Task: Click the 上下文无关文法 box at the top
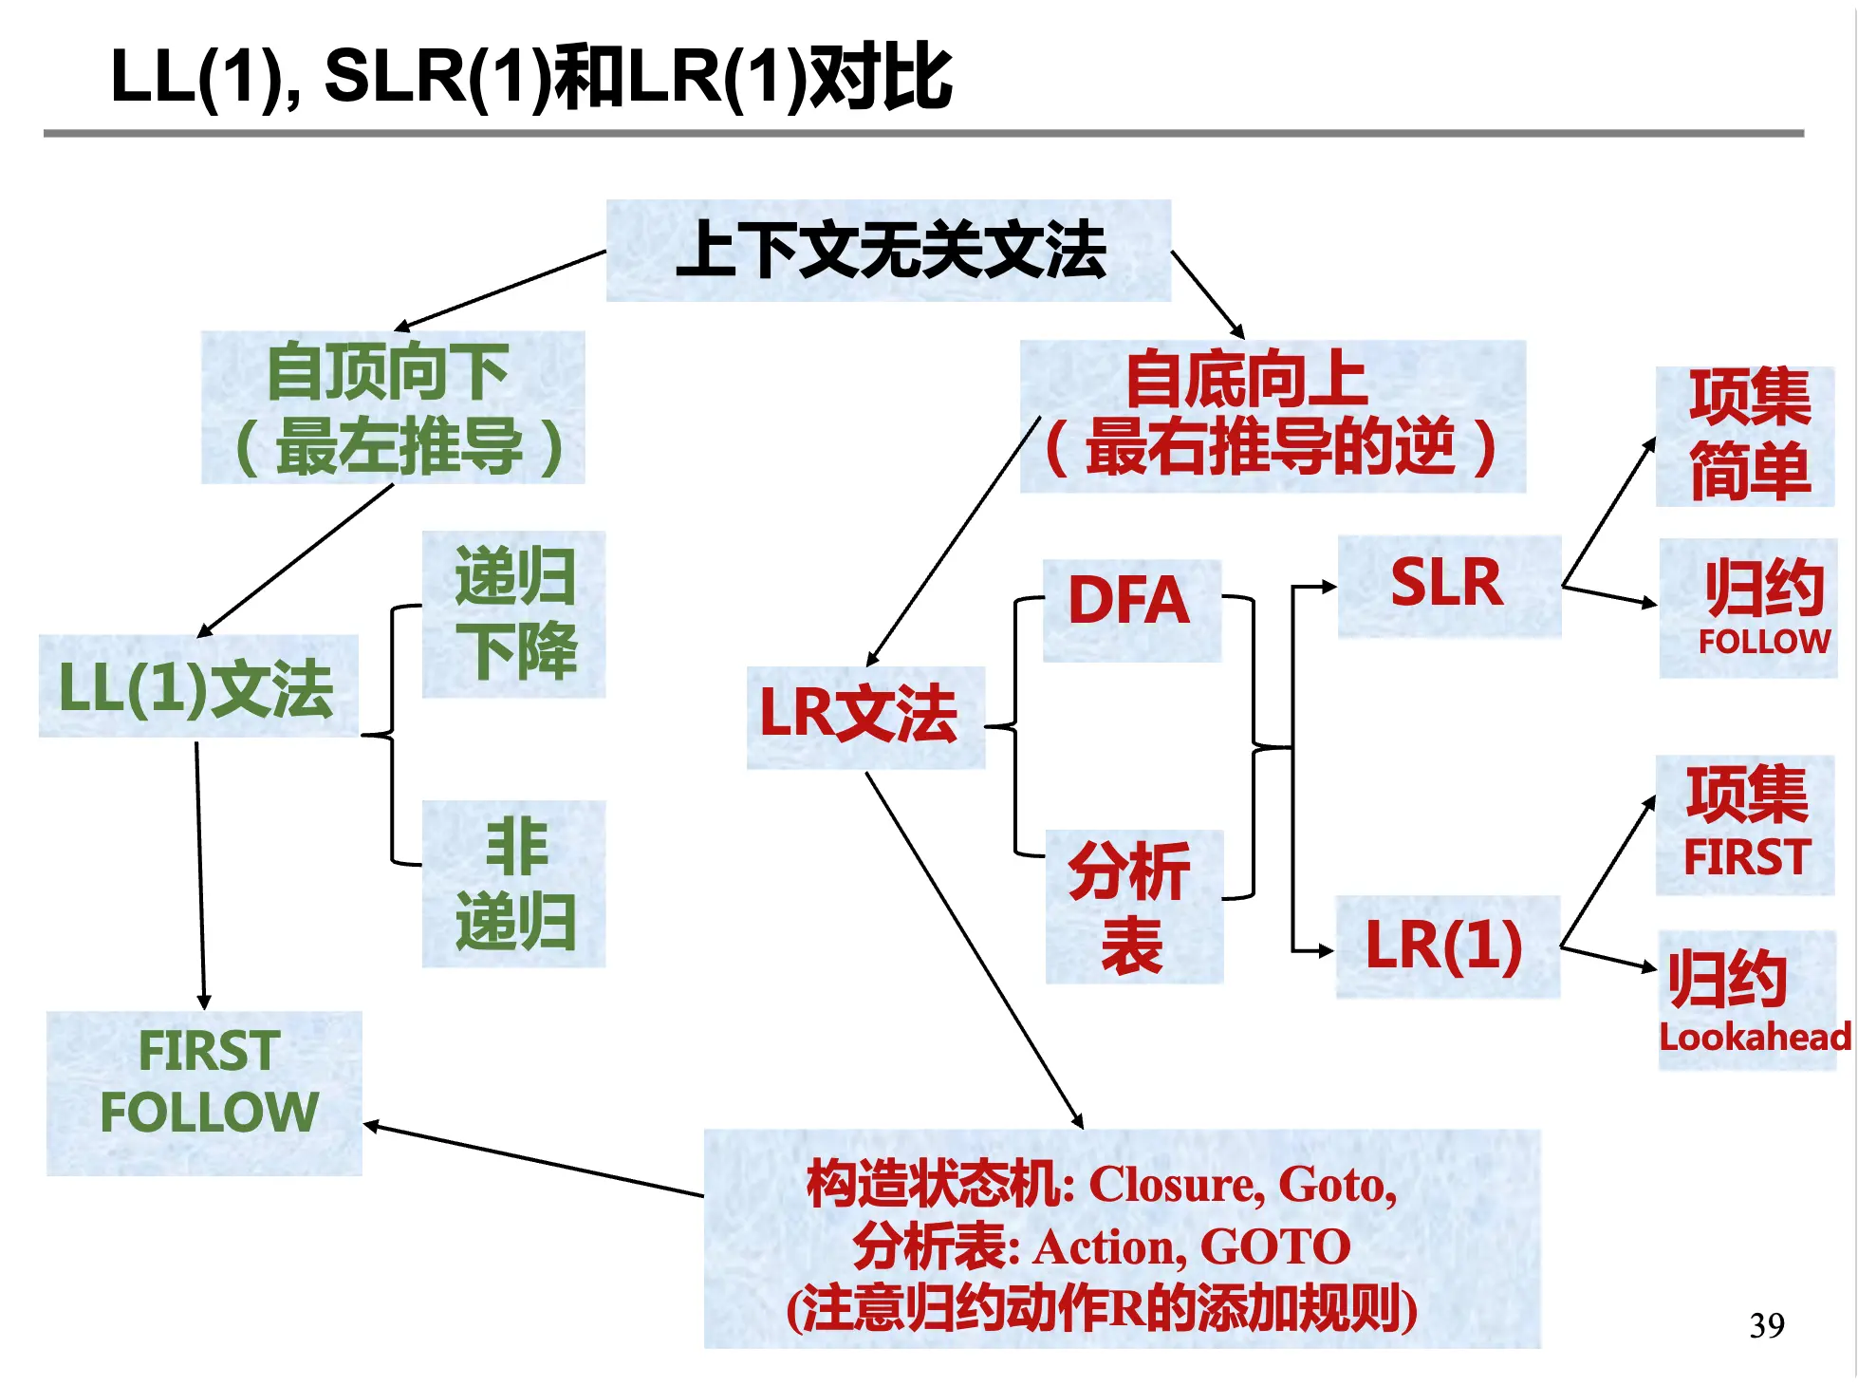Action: tap(888, 251)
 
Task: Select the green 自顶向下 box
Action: tap(392, 407)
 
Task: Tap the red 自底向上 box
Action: tap(1272, 417)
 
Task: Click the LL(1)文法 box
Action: tap(197, 686)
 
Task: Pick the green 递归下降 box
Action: tap(513, 614)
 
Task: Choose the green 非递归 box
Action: tap(513, 884)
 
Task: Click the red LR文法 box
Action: tap(864, 717)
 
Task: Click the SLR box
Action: tap(1448, 585)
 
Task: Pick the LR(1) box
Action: tap(1446, 946)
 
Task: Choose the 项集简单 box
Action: tap(1746, 436)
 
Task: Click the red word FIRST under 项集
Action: tap(1746, 857)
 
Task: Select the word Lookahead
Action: tap(1754, 1038)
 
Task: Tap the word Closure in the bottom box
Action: tap(1176, 1186)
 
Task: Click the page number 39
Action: tap(1766, 1325)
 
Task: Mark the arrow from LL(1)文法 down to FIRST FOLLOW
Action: tap(200, 873)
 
